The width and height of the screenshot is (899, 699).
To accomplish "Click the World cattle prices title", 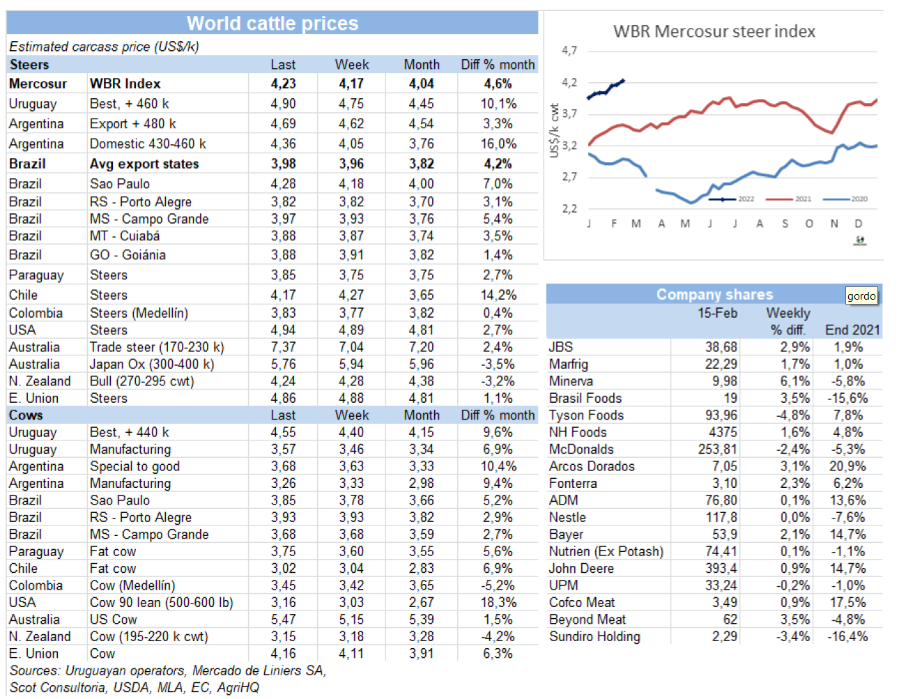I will (272, 24).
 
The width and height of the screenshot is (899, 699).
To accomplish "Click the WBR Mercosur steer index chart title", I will (714, 31).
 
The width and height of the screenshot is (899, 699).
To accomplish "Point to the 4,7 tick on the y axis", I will (569, 51).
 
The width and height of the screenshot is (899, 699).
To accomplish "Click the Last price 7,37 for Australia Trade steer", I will (283, 347).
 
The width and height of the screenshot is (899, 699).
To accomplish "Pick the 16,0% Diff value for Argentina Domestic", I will (498, 144).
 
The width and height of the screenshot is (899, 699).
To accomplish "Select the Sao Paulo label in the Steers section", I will (120, 184).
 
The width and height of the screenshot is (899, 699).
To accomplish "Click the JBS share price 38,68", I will (721, 347).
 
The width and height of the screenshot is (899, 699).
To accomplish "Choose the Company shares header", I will (714, 294).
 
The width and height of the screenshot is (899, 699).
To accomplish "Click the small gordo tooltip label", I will (861, 296).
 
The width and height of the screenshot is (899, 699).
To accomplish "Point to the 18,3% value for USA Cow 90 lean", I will (498, 603).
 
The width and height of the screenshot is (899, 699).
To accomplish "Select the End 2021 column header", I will (852, 330).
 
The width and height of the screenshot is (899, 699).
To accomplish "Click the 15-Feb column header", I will (717, 313).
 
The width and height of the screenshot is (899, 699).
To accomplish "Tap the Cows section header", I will (26, 415).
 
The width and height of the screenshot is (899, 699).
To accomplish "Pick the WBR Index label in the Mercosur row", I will (125, 84).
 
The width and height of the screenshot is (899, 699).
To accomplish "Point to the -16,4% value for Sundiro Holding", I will (847, 637).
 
